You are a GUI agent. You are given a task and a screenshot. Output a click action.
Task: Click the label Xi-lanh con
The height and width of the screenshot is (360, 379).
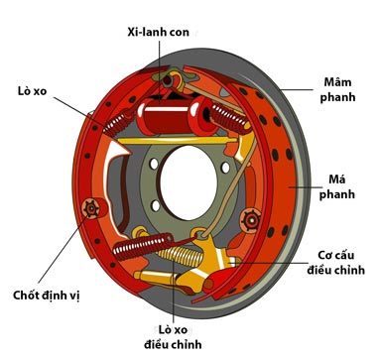point(159,32)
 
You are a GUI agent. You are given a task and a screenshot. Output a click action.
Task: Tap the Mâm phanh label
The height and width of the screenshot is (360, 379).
point(337,89)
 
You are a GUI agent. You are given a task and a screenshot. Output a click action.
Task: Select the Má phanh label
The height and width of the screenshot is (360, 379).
point(337,186)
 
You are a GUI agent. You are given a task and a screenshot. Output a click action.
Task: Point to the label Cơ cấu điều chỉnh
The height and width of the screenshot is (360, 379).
point(335,263)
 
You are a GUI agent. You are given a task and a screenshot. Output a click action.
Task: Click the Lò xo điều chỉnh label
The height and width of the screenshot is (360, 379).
point(173,337)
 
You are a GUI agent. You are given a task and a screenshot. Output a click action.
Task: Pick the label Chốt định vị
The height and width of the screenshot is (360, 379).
point(47,295)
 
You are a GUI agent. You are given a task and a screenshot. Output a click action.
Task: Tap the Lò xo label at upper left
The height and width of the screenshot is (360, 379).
point(32,91)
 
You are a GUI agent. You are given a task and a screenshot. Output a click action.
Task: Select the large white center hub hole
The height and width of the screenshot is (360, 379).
point(189,182)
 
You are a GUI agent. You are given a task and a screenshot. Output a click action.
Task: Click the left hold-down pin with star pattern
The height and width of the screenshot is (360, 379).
point(91,208)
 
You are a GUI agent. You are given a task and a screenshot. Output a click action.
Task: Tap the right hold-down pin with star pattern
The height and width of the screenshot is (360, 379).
point(251,220)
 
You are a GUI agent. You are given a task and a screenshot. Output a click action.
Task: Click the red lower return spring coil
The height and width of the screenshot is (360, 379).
point(143,246)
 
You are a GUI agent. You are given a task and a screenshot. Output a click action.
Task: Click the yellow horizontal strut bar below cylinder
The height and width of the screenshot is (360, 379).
point(177,140)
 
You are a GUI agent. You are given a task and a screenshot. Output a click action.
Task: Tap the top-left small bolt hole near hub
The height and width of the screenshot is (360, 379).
point(154,164)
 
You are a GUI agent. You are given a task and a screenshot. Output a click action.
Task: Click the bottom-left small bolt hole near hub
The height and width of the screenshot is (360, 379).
point(156,205)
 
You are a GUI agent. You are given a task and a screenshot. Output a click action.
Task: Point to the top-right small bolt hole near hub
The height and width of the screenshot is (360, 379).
point(225,168)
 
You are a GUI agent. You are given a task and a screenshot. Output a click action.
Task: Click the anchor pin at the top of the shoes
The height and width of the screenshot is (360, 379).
point(168,79)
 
